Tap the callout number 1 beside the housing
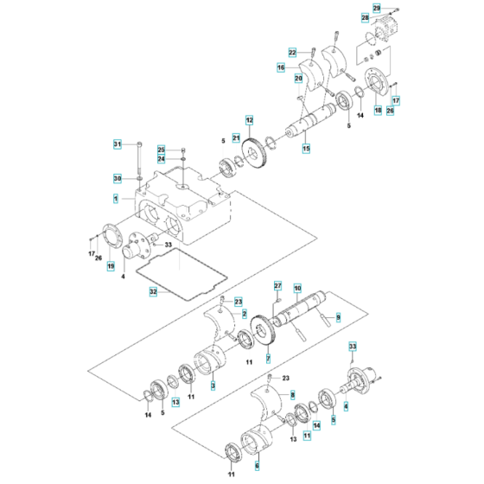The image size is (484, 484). [116, 200]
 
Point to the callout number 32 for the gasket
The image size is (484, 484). [154, 292]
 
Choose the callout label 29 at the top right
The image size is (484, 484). [376, 8]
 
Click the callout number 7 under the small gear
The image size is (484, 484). [268, 358]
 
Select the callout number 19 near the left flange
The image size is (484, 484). [110, 266]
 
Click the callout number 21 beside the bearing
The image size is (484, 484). [212, 138]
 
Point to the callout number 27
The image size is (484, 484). [278, 286]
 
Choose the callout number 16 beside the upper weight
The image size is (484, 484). [281, 67]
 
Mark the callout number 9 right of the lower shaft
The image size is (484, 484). [338, 318]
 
